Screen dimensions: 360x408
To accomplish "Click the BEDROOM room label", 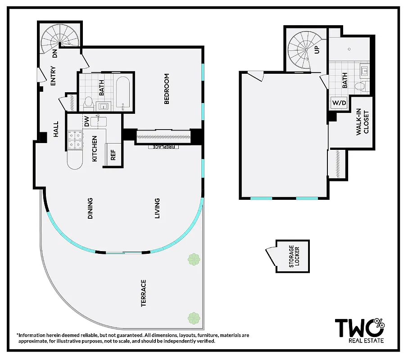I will (167, 89).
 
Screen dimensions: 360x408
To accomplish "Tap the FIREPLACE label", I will (163, 147).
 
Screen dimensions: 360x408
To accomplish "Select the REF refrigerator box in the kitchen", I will (113, 155).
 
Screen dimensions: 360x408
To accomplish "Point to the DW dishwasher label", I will (86, 121).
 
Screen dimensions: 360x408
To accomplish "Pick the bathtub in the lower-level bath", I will (123, 93).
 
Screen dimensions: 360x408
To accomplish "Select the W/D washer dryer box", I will (339, 103).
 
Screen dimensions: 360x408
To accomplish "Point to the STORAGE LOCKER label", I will (294, 256).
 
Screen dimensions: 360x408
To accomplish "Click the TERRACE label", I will (143, 293).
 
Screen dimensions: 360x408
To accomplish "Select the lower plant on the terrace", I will (194, 318).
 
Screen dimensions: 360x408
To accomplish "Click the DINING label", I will (90, 208).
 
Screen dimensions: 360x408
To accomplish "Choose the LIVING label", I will (157, 208).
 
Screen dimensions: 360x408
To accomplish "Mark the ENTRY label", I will (53, 76).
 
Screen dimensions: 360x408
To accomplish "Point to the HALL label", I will (56, 129).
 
